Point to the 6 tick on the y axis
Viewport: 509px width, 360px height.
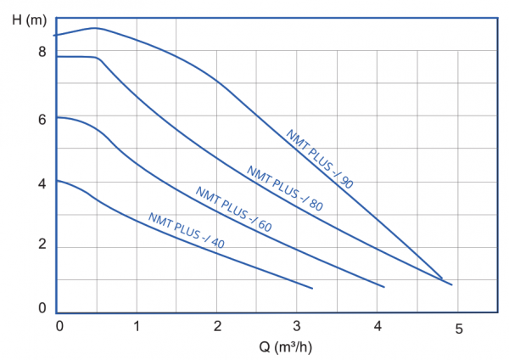[x=40, y=120]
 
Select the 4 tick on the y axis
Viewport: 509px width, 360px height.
[x=40, y=183]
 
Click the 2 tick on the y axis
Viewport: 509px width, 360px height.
[x=40, y=247]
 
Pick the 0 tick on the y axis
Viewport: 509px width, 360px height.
[x=41, y=309]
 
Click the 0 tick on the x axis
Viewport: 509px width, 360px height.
[x=59, y=325]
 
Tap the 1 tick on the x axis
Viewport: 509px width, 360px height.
[x=137, y=325]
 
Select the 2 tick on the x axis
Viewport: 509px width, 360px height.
[x=217, y=325]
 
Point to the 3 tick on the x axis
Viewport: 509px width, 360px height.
[x=297, y=325]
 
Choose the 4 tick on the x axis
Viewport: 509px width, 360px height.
[x=378, y=325]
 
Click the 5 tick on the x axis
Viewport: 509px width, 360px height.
[x=458, y=327]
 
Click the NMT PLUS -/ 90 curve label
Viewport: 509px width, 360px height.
[x=319, y=159]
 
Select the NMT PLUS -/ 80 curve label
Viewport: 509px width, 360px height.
[x=285, y=188]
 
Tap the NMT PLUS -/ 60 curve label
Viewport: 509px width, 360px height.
[x=233, y=209]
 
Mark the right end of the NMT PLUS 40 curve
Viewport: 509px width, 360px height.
[x=312, y=289]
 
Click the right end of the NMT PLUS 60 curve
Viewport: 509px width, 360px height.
[x=384, y=287]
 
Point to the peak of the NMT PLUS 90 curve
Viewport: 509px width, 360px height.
[x=94, y=28]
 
